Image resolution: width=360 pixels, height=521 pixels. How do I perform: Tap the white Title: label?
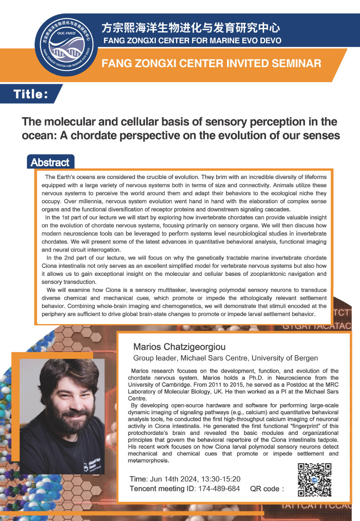(31, 94)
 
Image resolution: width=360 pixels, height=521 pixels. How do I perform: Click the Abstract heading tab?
(50, 163)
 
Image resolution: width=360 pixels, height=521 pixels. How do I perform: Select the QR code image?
(315, 480)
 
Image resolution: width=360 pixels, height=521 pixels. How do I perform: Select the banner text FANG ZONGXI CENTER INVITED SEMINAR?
(212, 63)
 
